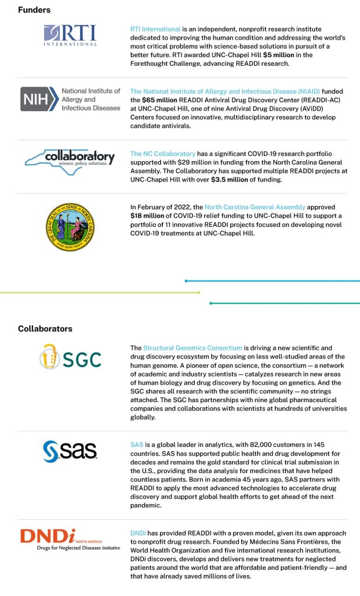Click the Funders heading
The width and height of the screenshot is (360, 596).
click(34, 10)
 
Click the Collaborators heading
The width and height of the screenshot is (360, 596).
click(45, 329)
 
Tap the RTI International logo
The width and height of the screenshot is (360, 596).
click(70, 36)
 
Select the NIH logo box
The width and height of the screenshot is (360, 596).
click(39, 100)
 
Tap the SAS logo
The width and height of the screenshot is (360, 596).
click(70, 450)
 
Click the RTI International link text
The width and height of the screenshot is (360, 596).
click(155, 29)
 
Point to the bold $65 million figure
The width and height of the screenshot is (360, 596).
click(163, 100)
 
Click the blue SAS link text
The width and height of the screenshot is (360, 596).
click(137, 444)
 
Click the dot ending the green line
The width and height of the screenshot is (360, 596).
click(199, 292)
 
